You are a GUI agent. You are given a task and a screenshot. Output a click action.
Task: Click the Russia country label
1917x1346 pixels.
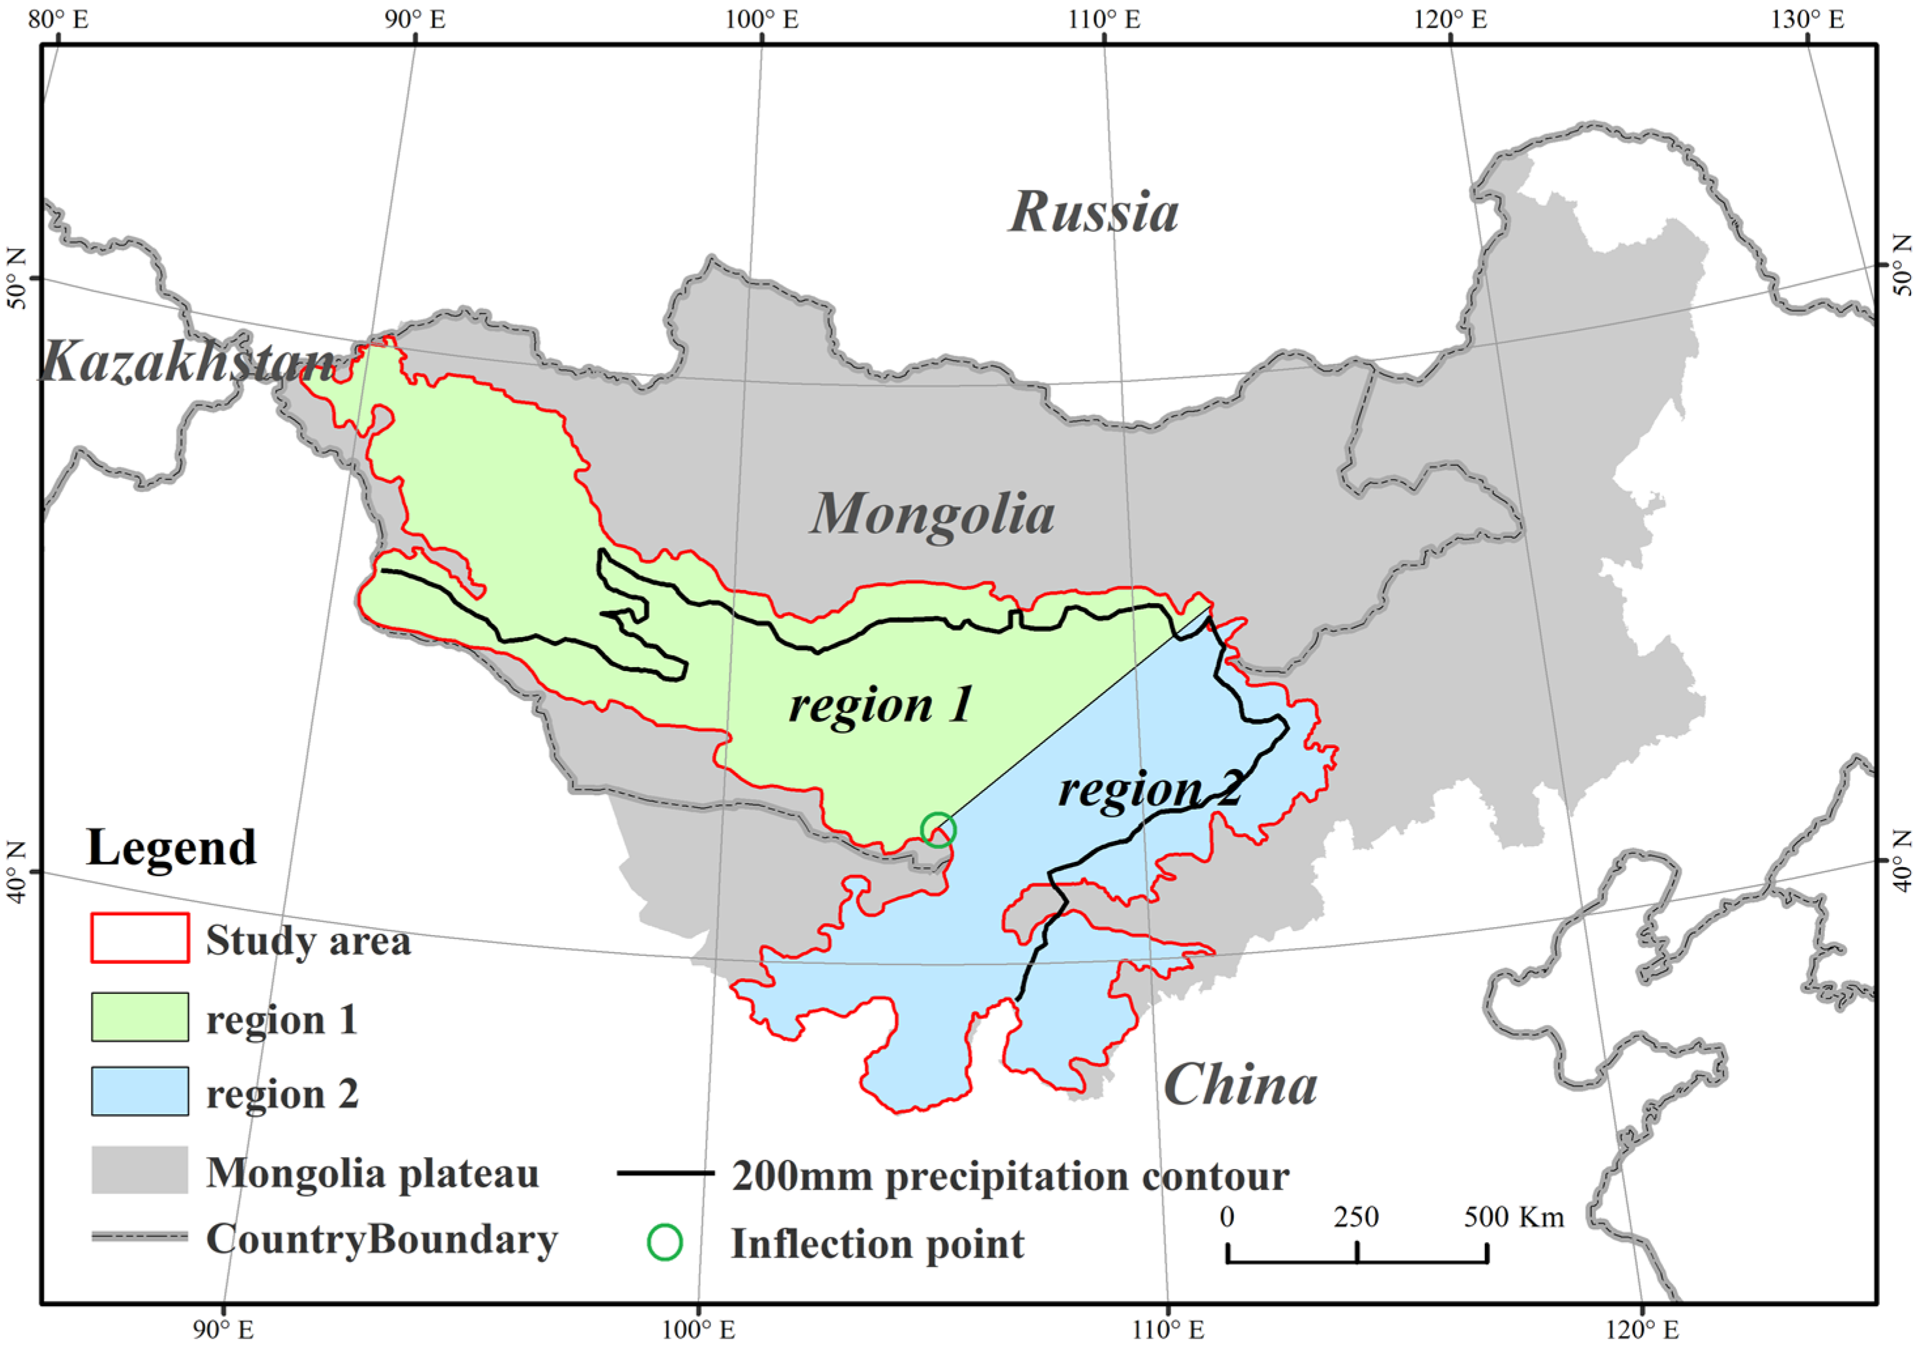tap(1093, 212)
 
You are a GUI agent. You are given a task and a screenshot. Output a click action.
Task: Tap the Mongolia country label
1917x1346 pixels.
tap(933, 514)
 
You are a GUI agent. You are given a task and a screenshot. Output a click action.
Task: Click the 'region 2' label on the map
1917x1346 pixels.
tap(1149, 789)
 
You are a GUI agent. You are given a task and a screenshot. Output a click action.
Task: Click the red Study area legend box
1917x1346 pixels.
tap(139, 938)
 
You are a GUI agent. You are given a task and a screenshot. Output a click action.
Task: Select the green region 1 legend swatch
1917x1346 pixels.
tap(139, 1017)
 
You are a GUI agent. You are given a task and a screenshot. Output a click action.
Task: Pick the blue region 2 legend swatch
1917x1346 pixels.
tap(139, 1091)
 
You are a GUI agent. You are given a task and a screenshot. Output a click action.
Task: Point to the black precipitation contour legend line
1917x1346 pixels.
tap(665, 1172)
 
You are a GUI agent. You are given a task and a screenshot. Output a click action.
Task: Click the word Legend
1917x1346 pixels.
tap(171, 848)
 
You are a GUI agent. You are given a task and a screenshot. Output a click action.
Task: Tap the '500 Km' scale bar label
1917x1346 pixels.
tap(1513, 1217)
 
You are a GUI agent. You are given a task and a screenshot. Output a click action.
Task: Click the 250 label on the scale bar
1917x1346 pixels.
tap(1356, 1217)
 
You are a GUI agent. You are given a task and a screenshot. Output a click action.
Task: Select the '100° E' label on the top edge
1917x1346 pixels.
tap(761, 19)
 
